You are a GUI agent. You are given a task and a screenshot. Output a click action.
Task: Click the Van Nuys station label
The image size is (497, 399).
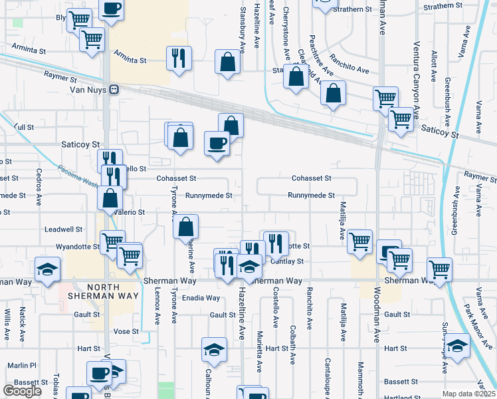tap(88, 89)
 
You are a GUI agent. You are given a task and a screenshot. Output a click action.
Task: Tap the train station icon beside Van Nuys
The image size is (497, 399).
tap(114, 89)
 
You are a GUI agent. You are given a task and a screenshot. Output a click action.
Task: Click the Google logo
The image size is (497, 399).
tap(22, 391)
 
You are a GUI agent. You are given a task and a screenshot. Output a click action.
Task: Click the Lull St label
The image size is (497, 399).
tap(23, 126)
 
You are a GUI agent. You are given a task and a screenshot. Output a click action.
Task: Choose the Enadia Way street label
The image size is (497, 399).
tap(200, 299)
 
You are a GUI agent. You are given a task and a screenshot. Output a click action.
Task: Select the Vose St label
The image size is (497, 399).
tap(126, 331)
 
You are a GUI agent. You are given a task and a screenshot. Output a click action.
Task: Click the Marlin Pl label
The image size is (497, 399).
tap(23, 365)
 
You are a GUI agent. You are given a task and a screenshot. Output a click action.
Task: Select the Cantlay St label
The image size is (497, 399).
tap(287, 261)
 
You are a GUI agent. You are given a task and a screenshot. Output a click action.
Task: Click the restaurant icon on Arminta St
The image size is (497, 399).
tap(179, 58)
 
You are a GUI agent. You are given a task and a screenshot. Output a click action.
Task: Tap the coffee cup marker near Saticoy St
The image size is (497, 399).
tap(217, 143)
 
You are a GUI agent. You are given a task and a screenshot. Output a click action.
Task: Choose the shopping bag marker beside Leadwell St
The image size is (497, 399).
tap(186, 226)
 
